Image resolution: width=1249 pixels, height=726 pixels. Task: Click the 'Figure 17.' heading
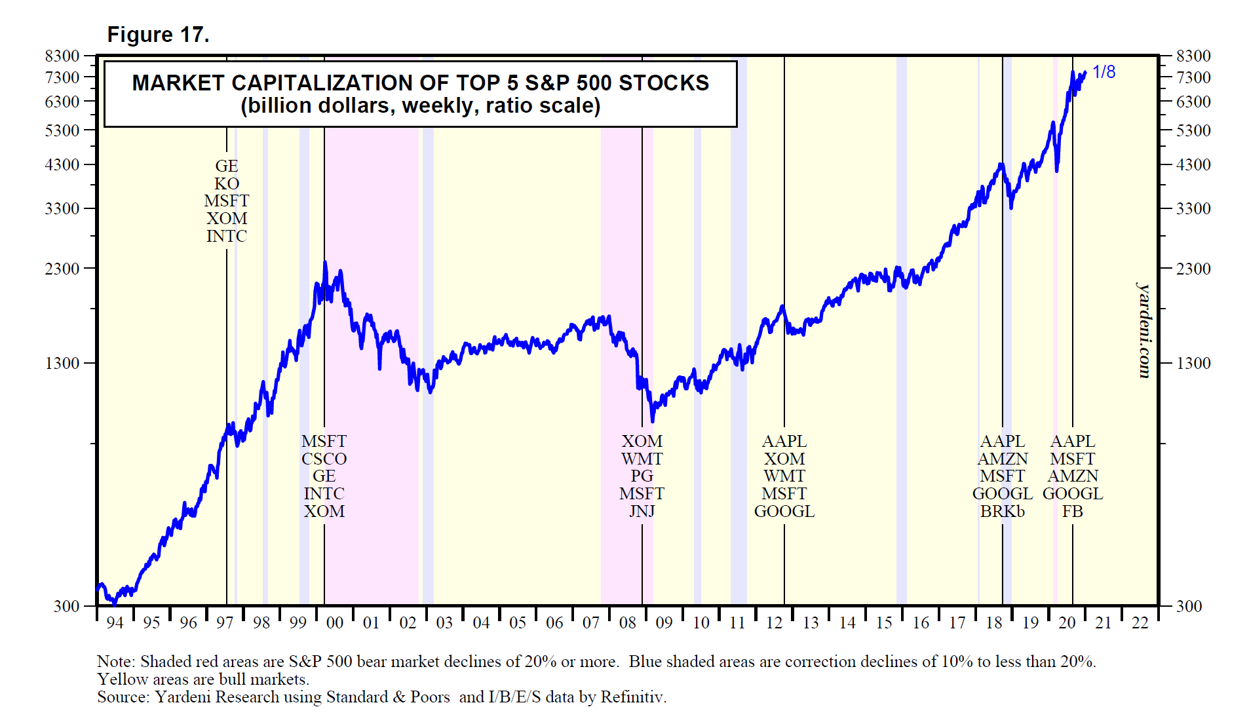pyautogui.click(x=158, y=35)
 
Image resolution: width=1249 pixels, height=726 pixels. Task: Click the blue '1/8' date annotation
pyautogui.click(x=1104, y=72)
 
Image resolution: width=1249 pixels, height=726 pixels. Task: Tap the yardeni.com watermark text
pyautogui.click(x=1143, y=330)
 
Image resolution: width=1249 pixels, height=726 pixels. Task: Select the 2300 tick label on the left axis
pyautogui.click(x=62, y=269)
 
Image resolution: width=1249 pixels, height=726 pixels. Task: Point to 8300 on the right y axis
pyautogui.click(x=1193, y=56)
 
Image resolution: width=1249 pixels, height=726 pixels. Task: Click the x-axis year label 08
pyautogui.click(x=628, y=623)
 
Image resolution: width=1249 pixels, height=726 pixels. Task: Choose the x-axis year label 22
pyautogui.click(x=1140, y=623)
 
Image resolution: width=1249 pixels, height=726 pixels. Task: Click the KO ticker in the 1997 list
pyautogui.click(x=227, y=184)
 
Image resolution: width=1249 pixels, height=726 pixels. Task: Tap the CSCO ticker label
pyautogui.click(x=324, y=459)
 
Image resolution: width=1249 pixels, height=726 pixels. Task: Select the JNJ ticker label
pyautogui.click(x=642, y=512)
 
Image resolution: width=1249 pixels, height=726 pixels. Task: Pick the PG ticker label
pyautogui.click(x=642, y=476)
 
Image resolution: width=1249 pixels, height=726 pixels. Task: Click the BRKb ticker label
pyautogui.click(x=1002, y=512)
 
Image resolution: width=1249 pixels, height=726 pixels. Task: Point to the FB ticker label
pyautogui.click(x=1073, y=512)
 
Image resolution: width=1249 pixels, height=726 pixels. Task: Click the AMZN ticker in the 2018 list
pyautogui.click(x=1003, y=459)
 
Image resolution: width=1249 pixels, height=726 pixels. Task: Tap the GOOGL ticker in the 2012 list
pyautogui.click(x=784, y=512)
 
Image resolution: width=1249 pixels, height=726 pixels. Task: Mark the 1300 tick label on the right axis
pyautogui.click(x=1193, y=363)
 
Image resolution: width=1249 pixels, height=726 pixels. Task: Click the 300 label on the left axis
pyautogui.click(x=67, y=606)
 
